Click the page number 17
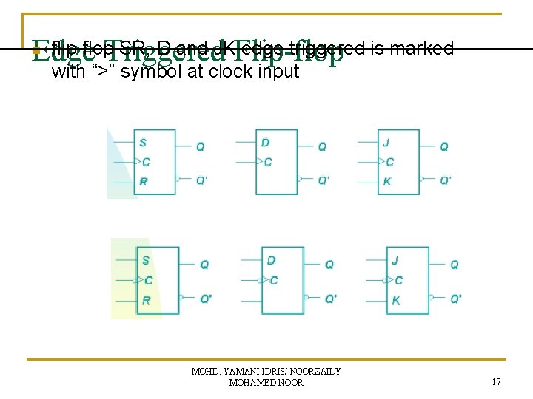(x=496, y=382)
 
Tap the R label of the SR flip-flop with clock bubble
(x=146, y=301)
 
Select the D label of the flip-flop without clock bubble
(x=265, y=143)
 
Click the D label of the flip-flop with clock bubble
(x=271, y=260)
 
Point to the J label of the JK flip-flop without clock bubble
(x=386, y=143)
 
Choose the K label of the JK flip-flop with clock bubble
(x=396, y=301)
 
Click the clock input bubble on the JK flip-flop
(x=384, y=280)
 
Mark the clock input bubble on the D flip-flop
(x=259, y=280)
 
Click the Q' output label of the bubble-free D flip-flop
(x=324, y=180)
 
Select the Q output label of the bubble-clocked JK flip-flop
(x=455, y=264)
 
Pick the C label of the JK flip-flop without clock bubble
(x=390, y=162)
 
